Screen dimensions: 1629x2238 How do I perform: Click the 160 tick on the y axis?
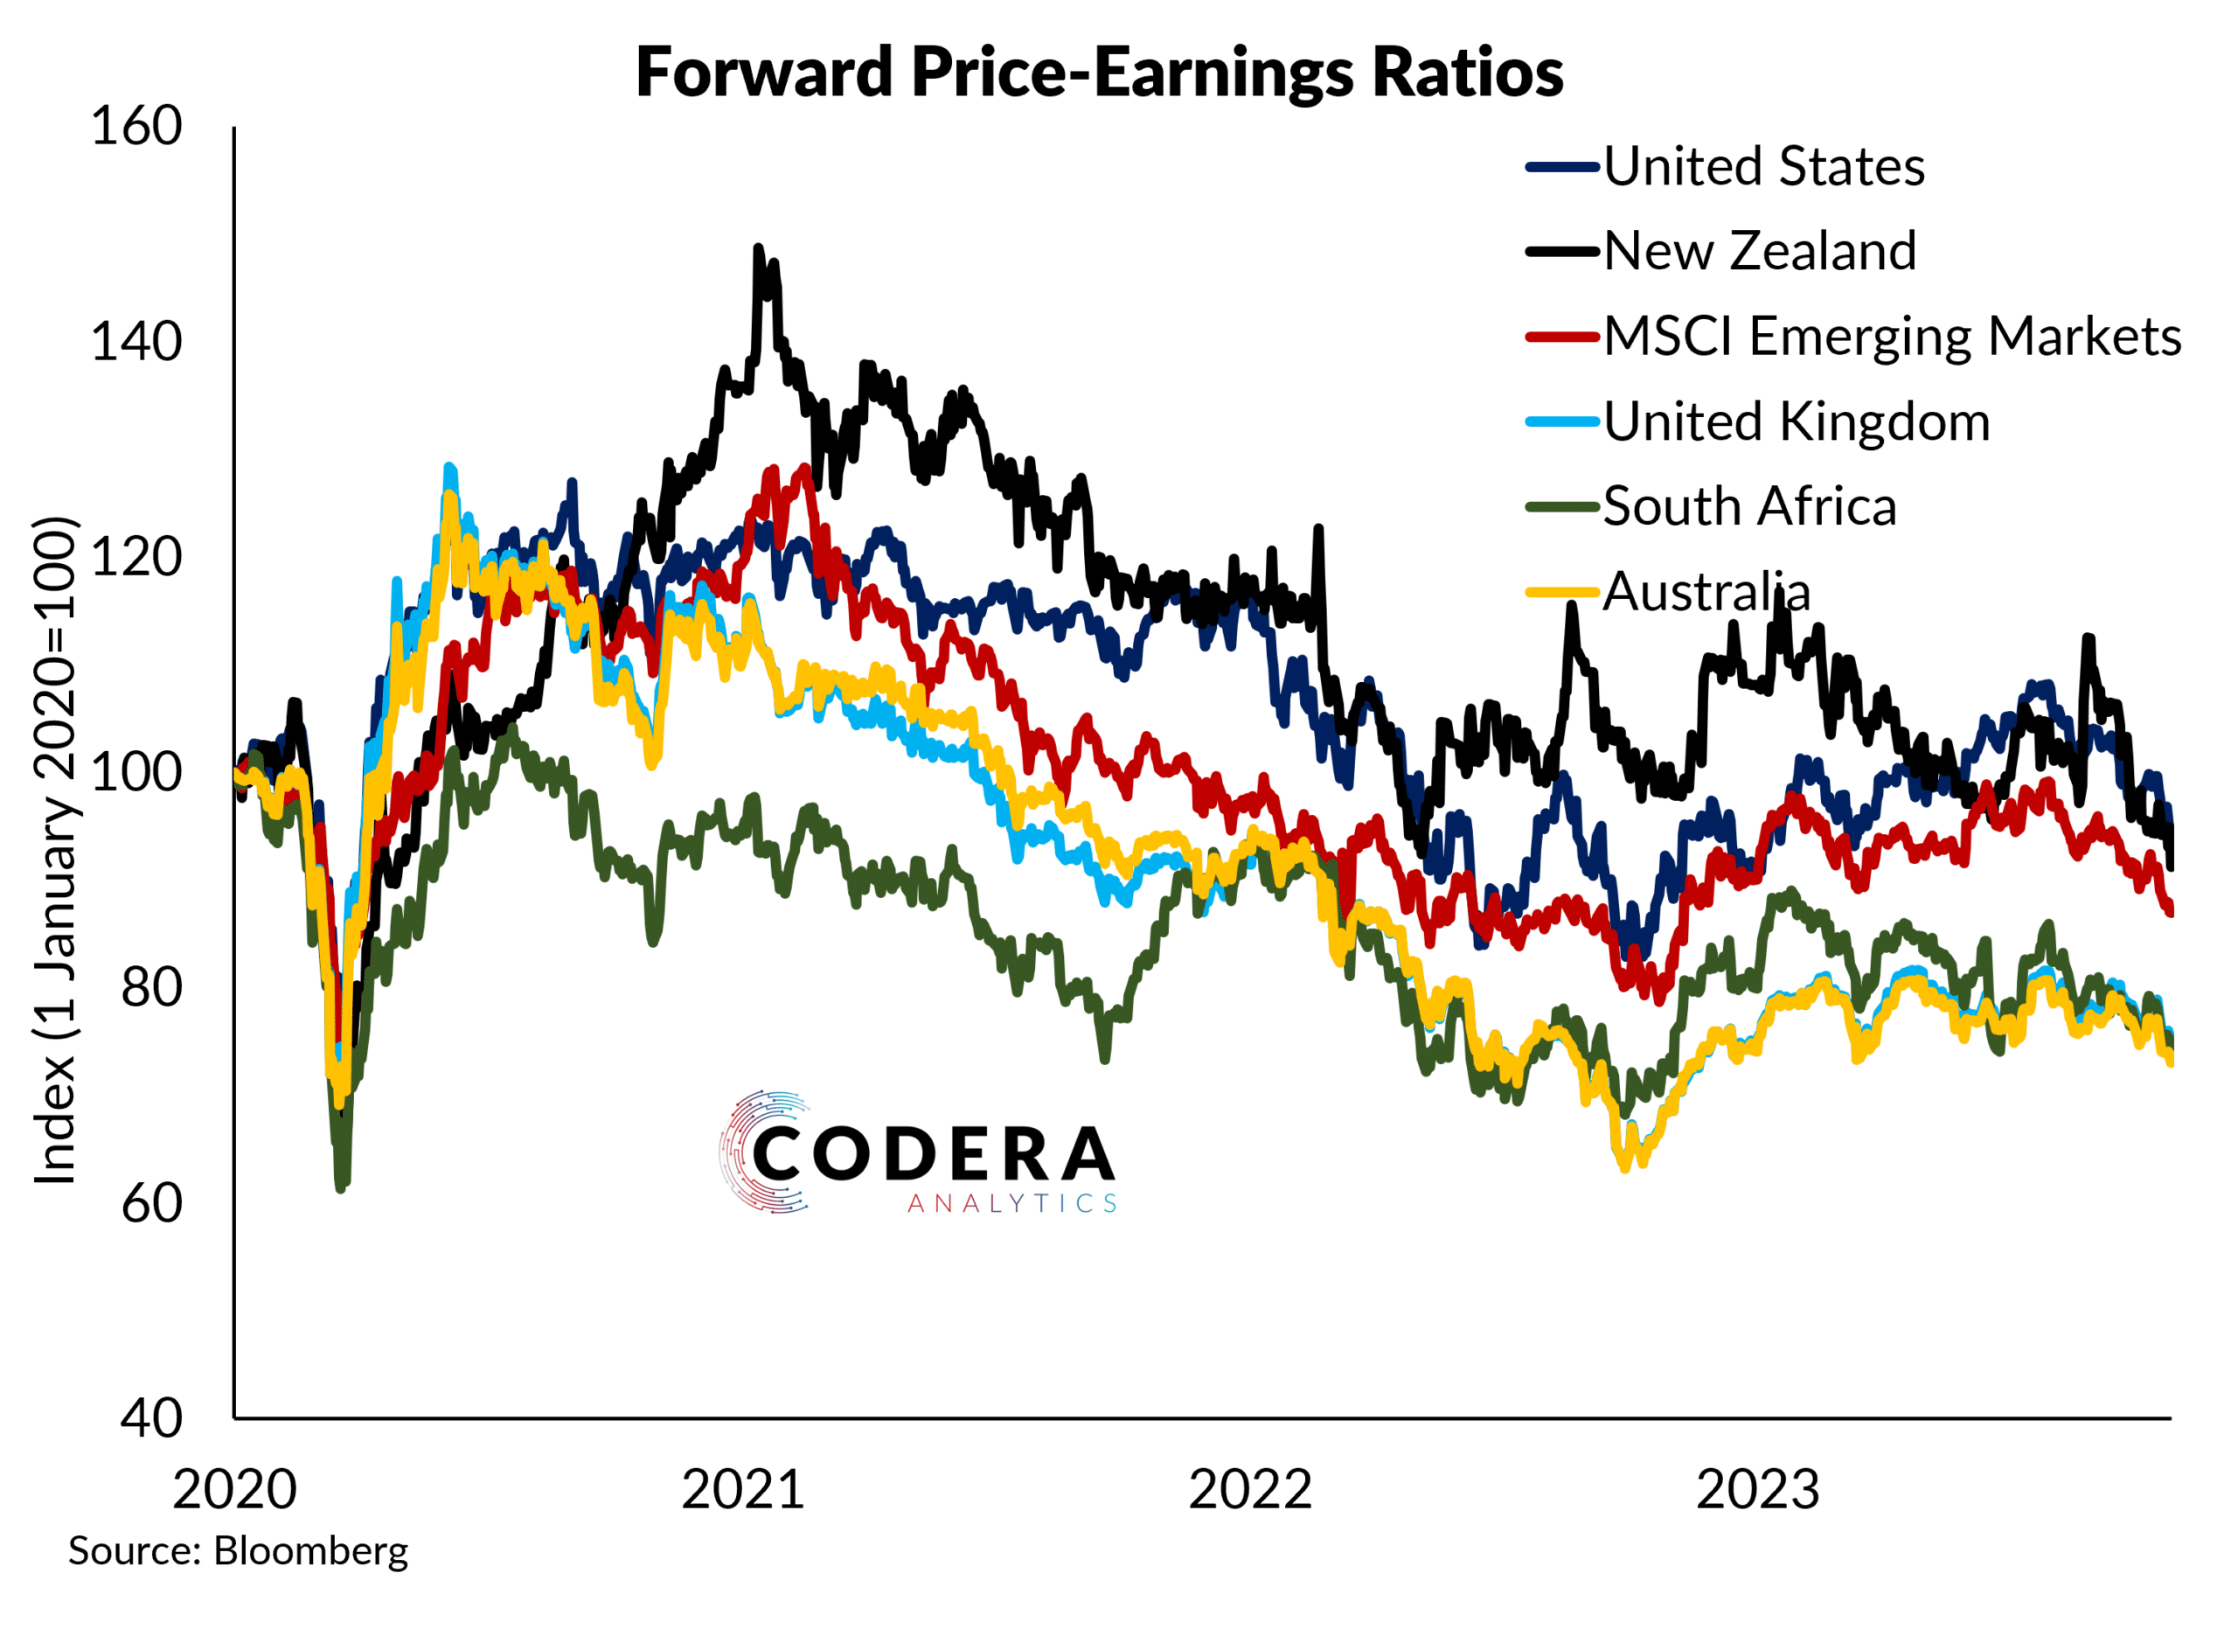[x=136, y=128]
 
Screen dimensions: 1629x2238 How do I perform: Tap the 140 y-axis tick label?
[x=136, y=343]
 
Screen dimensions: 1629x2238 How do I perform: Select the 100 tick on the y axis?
[x=136, y=773]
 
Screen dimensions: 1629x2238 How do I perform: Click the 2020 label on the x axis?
[x=235, y=1490]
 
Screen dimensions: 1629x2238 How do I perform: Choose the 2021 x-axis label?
[x=743, y=1490]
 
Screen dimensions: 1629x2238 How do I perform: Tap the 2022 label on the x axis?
[x=1250, y=1490]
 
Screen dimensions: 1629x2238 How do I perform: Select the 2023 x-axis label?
[x=1757, y=1490]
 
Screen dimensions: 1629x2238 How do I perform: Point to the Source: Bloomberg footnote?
[x=238, y=1551]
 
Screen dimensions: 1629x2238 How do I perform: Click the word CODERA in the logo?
[x=934, y=1153]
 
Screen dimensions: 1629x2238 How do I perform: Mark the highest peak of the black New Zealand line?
[x=758, y=247]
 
